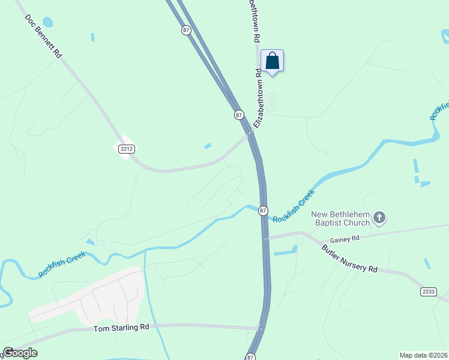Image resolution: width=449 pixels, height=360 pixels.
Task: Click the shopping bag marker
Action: coord(272,61)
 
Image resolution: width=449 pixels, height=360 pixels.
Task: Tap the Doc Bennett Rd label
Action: coord(44,36)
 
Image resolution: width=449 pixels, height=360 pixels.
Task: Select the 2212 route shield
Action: coord(125,148)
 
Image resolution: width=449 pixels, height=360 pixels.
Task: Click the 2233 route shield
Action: coord(428,292)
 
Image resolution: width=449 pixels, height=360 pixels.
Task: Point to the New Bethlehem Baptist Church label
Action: coord(340,219)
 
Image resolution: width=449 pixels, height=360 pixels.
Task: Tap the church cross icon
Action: coord(379,217)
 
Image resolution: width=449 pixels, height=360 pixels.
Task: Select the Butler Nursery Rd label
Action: coord(349,259)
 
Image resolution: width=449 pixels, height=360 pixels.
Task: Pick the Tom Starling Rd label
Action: coord(121,328)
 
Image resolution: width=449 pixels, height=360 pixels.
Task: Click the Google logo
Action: coord(20,353)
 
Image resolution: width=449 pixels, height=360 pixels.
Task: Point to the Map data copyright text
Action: coord(424,355)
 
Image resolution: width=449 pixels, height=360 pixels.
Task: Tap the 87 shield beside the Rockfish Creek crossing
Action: coord(263,211)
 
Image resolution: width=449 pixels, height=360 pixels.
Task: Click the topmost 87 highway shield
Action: coord(186,30)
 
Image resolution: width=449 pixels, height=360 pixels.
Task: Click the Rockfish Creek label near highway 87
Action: coord(294,206)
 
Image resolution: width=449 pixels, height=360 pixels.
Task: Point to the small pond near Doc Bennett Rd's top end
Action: coord(47,22)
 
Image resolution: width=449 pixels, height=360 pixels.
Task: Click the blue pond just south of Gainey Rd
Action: coord(286,251)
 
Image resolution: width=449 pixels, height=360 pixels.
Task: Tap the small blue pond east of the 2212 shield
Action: coord(208,146)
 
